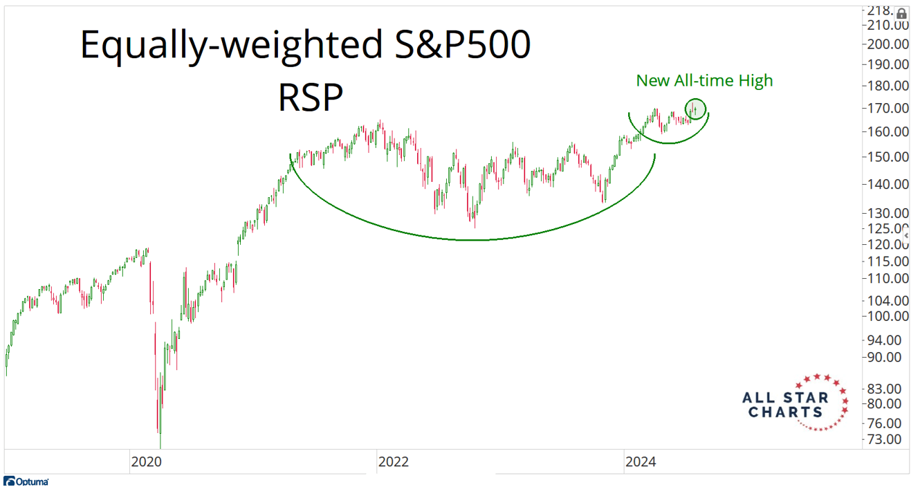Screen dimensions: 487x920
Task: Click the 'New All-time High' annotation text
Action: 704,81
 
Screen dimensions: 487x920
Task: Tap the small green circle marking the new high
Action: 696,109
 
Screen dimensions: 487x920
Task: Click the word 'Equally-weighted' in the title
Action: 228,46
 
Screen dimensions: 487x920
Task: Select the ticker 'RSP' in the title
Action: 311,98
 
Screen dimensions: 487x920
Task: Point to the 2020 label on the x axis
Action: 146,461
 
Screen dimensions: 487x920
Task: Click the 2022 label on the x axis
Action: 394,461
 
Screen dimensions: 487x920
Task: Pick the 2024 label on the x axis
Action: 640,461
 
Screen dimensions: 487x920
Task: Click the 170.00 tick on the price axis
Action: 890,109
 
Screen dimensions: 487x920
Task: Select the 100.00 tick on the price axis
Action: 890,316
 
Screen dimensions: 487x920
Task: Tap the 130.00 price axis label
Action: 890,213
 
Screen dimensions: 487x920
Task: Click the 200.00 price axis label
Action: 890,44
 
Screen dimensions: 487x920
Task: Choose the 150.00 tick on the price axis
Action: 890,157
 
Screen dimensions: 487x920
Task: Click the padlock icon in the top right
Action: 901,13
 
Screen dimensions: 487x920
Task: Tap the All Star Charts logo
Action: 795,403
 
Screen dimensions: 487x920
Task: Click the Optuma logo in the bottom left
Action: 26,481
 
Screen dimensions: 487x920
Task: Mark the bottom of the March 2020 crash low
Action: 160,446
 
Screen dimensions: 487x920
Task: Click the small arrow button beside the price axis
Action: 905,236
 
